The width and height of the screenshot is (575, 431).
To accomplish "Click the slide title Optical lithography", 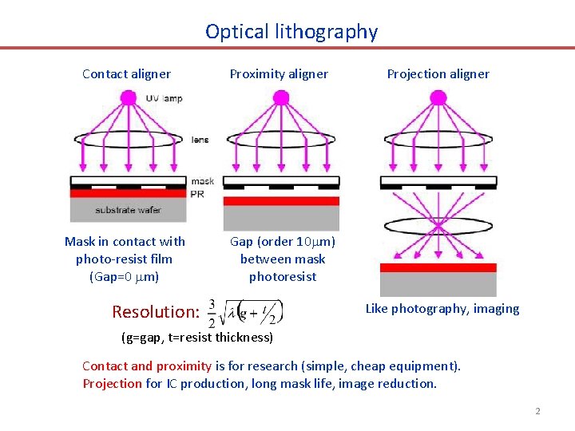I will (x=291, y=32).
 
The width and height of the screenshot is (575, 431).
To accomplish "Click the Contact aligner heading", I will (x=126, y=74).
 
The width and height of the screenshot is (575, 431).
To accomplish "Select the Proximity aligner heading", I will (x=279, y=74).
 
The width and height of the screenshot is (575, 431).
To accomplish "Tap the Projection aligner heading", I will (x=438, y=74).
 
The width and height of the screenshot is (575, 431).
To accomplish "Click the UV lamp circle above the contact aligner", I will (x=128, y=98).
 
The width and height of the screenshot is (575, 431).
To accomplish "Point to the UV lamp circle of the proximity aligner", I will (x=280, y=98).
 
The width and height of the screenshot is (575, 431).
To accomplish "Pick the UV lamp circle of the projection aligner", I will (x=438, y=98).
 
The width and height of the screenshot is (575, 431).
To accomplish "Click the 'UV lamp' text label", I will (x=164, y=98).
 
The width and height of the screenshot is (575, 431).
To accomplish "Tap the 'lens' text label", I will (x=200, y=140).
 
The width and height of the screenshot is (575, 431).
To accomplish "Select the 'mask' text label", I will (x=202, y=181).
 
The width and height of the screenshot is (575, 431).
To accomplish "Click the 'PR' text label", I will (x=197, y=193).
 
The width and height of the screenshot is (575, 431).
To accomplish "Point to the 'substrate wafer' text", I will (x=128, y=210).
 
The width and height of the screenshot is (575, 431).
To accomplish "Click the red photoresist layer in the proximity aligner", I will (x=280, y=200).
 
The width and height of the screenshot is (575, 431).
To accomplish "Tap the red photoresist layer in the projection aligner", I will (x=438, y=267).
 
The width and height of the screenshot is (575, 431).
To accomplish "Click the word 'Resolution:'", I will (x=155, y=311).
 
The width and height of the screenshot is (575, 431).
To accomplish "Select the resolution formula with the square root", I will (x=246, y=312).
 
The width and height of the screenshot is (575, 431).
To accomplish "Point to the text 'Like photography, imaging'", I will (x=442, y=309).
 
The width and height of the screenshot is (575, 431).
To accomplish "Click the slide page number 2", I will (x=537, y=411).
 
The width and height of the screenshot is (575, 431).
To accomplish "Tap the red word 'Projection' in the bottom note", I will (x=113, y=383).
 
